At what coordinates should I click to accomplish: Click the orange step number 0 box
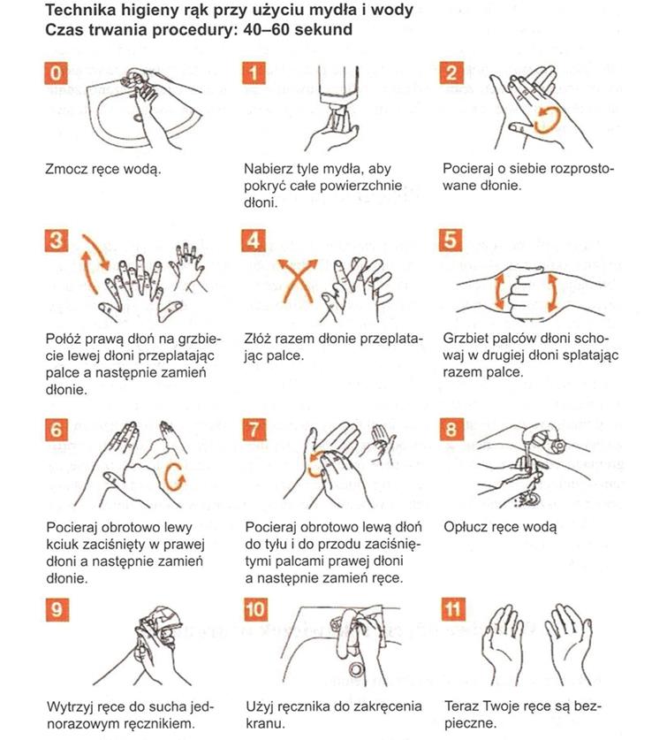pyautogui.click(x=57, y=73)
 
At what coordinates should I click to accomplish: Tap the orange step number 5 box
pyautogui.click(x=451, y=240)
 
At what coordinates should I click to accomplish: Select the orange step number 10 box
pyautogui.click(x=255, y=609)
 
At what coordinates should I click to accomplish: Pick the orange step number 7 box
pyautogui.click(x=254, y=430)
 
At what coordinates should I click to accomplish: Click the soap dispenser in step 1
pyautogui.click(x=338, y=92)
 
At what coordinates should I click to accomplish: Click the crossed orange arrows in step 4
pyautogui.click(x=297, y=280)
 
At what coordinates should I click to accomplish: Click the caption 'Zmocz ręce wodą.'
pyautogui.click(x=103, y=169)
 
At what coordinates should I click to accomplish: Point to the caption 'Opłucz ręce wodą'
pyautogui.click(x=500, y=527)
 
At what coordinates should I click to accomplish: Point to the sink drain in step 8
pyautogui.click(x=531, y=499)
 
